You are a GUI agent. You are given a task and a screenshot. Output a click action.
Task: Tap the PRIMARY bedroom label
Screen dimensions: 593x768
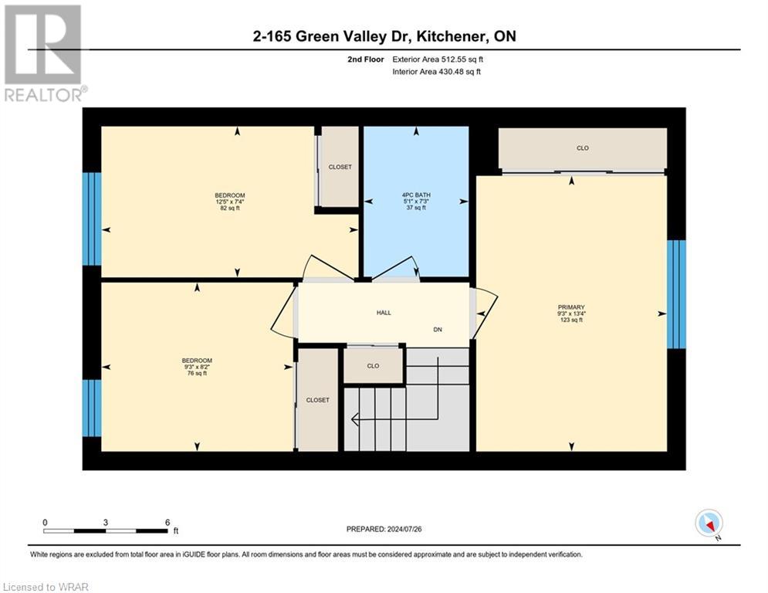pos(571,313)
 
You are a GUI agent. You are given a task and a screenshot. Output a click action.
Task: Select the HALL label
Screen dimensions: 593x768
pos(384,313)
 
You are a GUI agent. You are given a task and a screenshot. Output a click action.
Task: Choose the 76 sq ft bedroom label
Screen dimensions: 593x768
pos(196,367)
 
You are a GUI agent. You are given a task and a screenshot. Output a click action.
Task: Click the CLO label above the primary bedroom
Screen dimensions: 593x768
pos(583,148)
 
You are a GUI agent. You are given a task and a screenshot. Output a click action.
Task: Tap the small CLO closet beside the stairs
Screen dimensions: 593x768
pos(373,366)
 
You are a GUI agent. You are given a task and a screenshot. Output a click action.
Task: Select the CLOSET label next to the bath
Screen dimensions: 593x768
pos(340,167)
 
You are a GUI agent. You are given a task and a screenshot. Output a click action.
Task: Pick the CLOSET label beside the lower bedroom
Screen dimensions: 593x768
pos(317,400)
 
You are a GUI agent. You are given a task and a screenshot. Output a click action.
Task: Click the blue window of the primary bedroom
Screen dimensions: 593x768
pos(676,293)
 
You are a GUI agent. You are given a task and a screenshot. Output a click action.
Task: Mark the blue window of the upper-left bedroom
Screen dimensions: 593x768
pos(92,219)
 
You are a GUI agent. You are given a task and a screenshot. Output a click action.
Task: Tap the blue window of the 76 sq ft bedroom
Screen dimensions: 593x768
pos(92,408)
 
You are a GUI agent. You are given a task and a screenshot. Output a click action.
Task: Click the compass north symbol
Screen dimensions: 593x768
pos(708,524)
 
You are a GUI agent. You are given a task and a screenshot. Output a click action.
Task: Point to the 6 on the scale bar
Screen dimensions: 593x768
pos(167,522)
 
